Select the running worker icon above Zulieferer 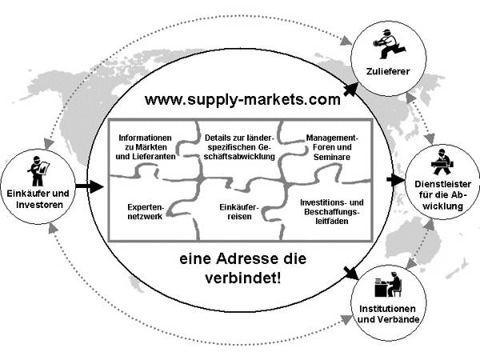click(x=388, y=45)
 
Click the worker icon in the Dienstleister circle click(x=440, y=163)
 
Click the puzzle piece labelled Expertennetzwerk click(x=146, y=212)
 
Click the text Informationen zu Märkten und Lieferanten click(x=146, y=145)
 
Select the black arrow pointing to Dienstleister click(x=395, y=180)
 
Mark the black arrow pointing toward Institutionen click(x=349, y=272)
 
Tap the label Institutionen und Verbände click(x=389, y=316)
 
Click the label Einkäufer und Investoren click(x=38, y=198)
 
